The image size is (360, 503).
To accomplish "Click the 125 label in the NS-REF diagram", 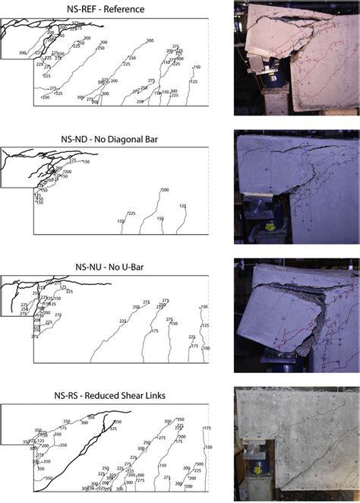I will coord(194,81).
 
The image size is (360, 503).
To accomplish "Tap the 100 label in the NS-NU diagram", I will coord(206,347).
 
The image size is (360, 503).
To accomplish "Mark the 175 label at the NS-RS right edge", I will coord(207,429).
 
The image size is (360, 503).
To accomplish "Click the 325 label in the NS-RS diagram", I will coord(114,429).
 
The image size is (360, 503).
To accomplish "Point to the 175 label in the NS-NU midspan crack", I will coord(155,331).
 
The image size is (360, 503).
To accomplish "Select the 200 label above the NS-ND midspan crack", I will coord(164,190).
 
